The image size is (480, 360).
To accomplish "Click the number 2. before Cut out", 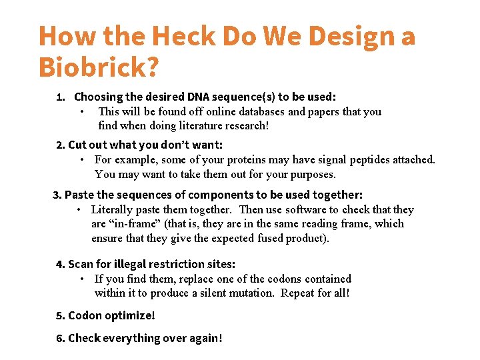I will coord(61,145).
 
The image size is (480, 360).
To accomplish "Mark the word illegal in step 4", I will coord(133,264).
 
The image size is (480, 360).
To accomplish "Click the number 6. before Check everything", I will coord(61,338).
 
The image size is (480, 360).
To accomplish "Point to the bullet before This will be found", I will coord(81,111).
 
